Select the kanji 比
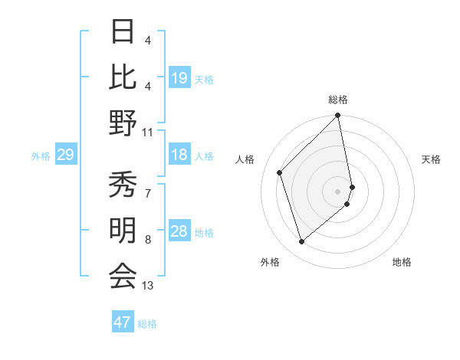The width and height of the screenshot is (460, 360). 123,76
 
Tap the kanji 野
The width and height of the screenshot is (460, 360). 123,123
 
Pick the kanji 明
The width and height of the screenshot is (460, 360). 123,230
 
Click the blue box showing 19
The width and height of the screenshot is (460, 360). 179,77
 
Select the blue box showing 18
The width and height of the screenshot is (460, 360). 179,155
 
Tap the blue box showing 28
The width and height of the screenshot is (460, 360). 179,231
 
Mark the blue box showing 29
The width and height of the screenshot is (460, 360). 65,155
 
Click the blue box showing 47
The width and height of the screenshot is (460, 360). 123,322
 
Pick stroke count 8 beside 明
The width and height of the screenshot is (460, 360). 148,240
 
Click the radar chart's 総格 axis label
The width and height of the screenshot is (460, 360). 338,100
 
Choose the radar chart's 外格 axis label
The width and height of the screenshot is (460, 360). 270,262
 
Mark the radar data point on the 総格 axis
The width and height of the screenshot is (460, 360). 338,116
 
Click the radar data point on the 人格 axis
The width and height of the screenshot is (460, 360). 280,172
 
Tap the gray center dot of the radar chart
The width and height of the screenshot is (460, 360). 338,191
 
